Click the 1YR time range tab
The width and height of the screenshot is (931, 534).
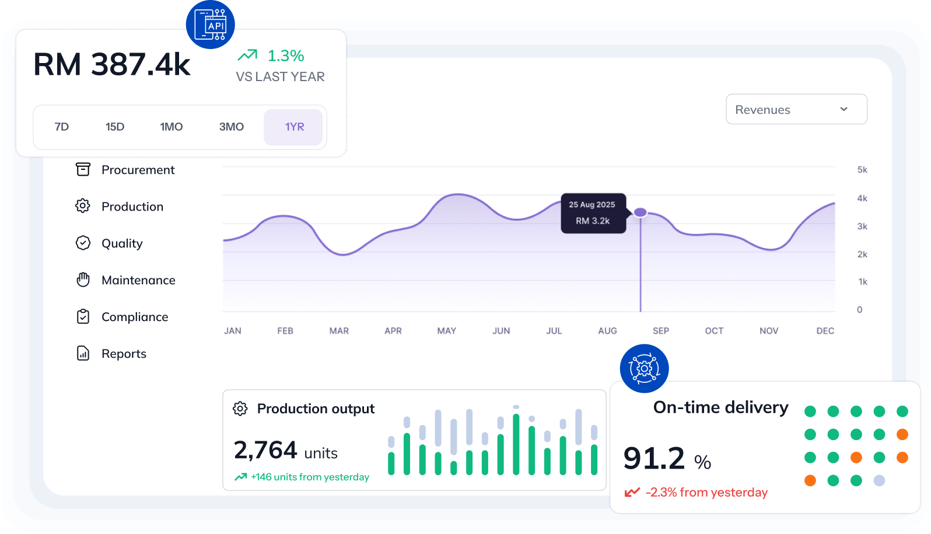point(294,127)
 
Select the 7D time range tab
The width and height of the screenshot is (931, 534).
point(62,127)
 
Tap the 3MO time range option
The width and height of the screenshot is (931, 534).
point(231,127)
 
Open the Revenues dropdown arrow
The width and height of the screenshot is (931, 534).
point(843,109)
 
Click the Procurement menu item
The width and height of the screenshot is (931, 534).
point(138,170)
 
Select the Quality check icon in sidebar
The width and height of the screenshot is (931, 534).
point(83,243)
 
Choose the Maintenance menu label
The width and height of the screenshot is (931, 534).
point(138,280)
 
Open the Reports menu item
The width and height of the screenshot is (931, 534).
point(124,354)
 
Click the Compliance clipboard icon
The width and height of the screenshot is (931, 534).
point(83,316)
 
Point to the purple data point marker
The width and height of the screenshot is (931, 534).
point(640,212)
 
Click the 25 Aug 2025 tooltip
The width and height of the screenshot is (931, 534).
point(593,213)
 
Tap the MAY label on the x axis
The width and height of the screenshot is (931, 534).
point(446,331)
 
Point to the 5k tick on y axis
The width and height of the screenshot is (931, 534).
point(862,170)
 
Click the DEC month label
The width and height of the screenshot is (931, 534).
point(825,331)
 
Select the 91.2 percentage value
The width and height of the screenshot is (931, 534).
point(654,459)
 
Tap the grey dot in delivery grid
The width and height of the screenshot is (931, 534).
point(879,480)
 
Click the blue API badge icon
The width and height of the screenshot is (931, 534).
point(211,25)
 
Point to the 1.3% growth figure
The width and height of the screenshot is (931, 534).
point(285,56)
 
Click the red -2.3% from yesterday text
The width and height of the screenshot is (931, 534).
point(706,493)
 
